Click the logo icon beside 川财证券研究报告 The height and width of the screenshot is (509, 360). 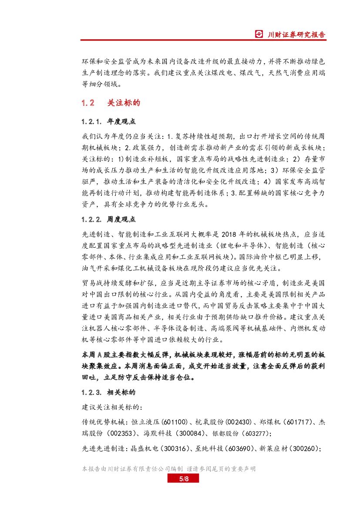tap(259, 35)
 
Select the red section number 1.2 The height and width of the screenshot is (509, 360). tap(88, 103)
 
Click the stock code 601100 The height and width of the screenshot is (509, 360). tap(175, 422)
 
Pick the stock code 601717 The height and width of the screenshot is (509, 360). tap(301, 422)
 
